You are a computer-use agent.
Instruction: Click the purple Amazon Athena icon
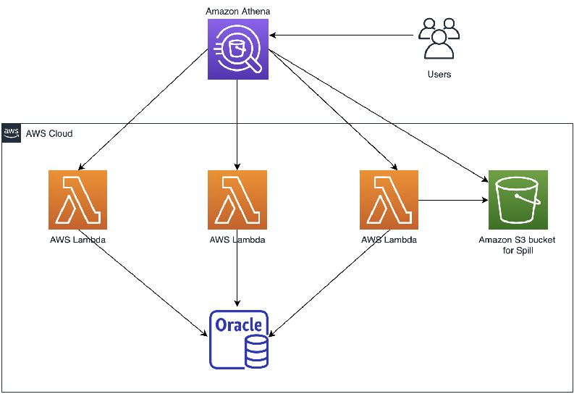click(x=238, y=49)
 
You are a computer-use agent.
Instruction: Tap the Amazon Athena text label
click(x=238, y=12)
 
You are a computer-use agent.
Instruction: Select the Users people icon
click(x=439, y=38)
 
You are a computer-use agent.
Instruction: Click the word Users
click(x=439, y=75)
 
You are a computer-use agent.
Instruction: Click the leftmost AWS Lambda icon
click(x=77, y=200)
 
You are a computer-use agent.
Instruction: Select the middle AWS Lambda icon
click(x=237, y=200)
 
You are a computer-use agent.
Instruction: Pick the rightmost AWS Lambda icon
click(x=389, y=200)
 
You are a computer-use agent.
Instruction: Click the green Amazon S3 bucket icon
click(x=518, y=200)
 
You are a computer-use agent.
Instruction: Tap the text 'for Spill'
click(x=518, y=251)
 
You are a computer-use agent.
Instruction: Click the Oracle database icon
click(x=239, y=340)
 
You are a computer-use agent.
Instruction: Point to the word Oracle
click(x=239, y=324)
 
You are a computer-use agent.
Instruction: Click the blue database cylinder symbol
click(x=256, y=352)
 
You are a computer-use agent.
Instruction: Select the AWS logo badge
click(x=12, y=133)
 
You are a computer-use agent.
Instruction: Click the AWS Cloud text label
click(x=49, y=134)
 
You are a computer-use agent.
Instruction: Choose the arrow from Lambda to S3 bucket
click(x=453, y=200)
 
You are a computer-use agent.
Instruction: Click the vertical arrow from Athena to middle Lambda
click(x=237, y=125)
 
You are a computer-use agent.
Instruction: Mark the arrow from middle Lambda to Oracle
click(x=237, y=268)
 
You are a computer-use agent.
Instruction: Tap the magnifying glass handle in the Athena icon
click(x=254, y=65)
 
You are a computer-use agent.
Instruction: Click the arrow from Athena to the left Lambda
click(x=143, y=109)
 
